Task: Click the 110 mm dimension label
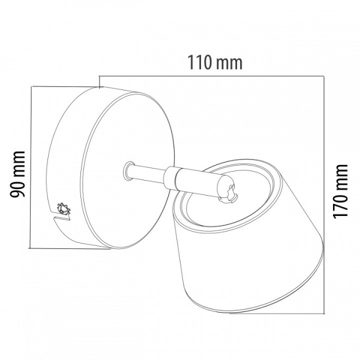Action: point(215,62)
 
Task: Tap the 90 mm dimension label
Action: point(17,174)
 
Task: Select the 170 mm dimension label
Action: point(340,191)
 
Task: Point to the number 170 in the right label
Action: point(340,205)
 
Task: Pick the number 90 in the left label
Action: point(17,189)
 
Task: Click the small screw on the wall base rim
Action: point(64,209)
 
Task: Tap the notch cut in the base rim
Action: point(60,218)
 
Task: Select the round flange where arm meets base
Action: point(128,170)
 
